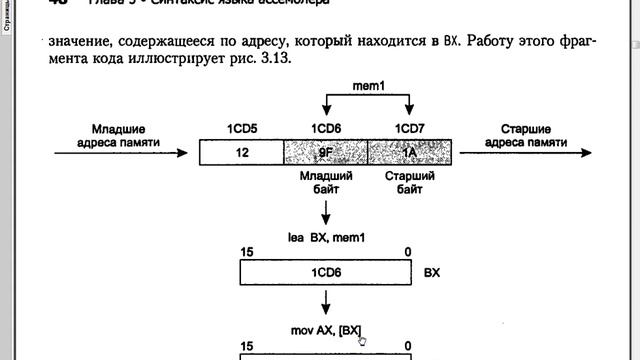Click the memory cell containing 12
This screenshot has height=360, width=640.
click(241, 152)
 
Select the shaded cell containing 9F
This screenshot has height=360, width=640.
click(326, 152)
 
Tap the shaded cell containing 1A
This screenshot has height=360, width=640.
click(410, 152)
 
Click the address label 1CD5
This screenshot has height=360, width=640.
click(241, 129)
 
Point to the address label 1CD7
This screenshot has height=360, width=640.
click(410, 129)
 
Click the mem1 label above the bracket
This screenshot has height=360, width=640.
click(368, 87)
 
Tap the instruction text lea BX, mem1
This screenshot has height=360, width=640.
click(326, 237)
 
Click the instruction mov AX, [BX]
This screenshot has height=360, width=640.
click(326, 329)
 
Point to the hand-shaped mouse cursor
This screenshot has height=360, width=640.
click(361, 340)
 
